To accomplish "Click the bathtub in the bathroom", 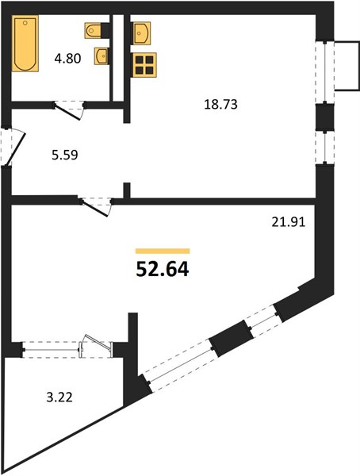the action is click(x=25, y=43).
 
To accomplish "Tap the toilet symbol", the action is click(x=94, y=30).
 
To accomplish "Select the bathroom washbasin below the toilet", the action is click(x=101, y=56).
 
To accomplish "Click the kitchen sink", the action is click(x=141, y=33).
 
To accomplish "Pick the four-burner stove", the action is click(x=144, y=65).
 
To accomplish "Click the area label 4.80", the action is click(x=67, y=58).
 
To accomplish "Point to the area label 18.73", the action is click(x=220, y=104).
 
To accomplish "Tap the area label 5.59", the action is click(x=65, y=155).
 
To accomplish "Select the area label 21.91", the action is click(x=288, y=222).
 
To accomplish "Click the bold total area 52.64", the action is click(x=163, y=269).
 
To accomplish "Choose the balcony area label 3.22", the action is click(x=59, y=397).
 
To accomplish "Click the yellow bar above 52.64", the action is click(x=163, y=251).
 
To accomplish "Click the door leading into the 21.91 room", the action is click(x=95, y=207).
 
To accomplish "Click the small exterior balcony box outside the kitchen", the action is click(x=347, y=66).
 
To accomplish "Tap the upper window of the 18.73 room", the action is click(x=325, y=72).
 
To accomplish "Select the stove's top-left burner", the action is click(x=140, y=60).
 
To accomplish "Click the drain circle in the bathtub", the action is click(x=25, y=22).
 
